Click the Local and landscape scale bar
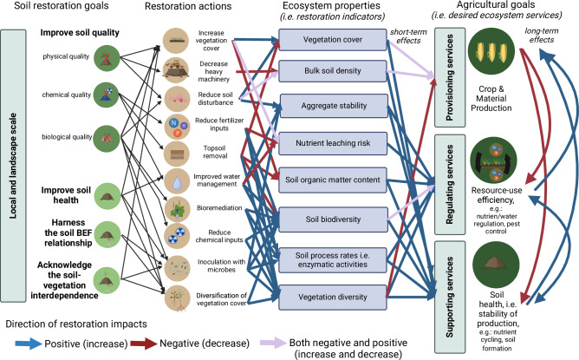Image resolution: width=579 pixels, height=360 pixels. coord(14,165)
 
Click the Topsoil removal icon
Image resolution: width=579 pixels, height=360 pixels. coord(177,155)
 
